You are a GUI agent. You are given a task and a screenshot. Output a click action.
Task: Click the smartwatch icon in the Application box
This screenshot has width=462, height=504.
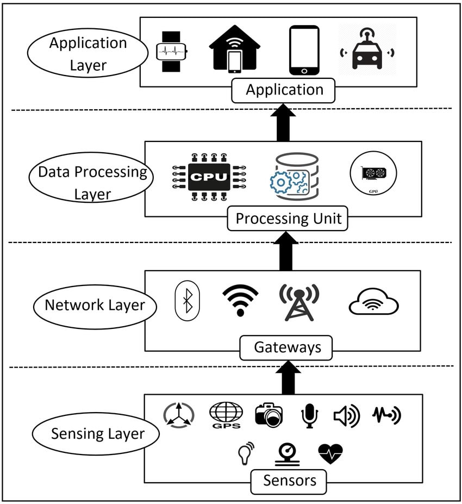click(172, 52)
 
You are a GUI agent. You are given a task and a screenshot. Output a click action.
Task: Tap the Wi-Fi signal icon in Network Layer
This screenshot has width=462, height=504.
click(240, 300)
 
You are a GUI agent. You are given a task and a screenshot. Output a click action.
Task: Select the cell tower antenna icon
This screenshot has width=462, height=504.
click(298, 302)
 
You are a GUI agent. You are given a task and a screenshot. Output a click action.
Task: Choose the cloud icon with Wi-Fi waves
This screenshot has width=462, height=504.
click(374, 303)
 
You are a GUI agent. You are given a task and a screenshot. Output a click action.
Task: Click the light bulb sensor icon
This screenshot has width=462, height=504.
click(246, 453)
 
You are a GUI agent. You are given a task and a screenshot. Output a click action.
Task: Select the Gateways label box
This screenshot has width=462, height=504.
click(286, 347)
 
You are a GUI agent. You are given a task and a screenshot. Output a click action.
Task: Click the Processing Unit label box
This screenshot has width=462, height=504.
click(288, 219)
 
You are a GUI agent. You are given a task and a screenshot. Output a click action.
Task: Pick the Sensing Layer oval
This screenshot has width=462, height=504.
click(97, 434)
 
